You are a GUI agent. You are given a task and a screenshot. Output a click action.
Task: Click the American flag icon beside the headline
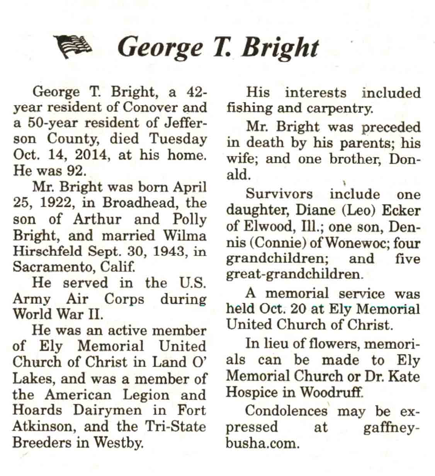pos(74,47)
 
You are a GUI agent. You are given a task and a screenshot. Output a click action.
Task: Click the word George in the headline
pos(160,47)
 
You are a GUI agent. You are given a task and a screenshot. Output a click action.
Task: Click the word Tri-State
pos(175,426)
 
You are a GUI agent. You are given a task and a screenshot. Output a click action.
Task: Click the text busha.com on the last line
pos(262,443)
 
